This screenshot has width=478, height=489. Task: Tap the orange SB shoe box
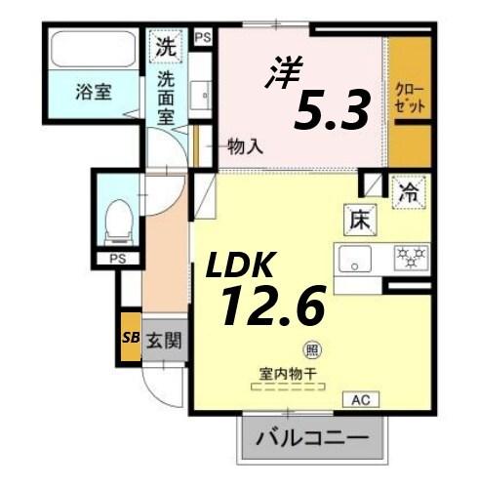[x=130, y=339]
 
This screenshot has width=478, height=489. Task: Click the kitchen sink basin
[x=355, y=260]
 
